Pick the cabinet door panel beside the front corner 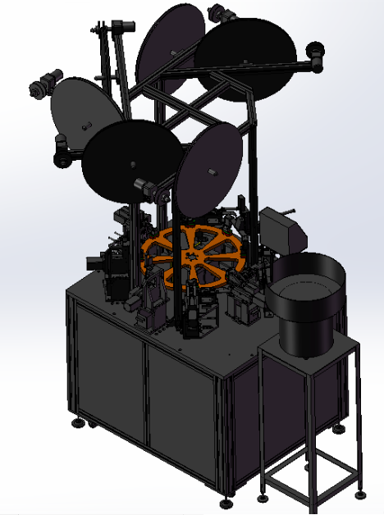click(x=182, y=410)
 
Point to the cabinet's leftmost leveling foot click(x=78, y=423)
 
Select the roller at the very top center click(x=219, y=12)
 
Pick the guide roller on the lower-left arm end click(x=62, y=153)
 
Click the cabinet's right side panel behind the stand click(x=246, y=426)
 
